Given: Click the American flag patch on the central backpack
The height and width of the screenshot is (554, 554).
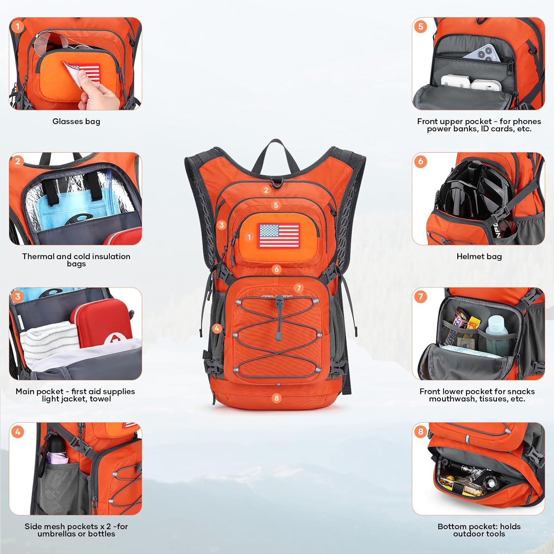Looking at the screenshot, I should pyautogui.click(x=279, y=235).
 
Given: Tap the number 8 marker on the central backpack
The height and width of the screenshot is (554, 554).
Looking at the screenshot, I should pyautogui.click(x=276, y=398).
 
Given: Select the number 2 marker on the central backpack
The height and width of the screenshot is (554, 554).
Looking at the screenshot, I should pyautogui.click(x=266, y=190).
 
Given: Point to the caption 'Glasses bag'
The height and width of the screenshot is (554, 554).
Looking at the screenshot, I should pyautogui.click(x=76, y=122).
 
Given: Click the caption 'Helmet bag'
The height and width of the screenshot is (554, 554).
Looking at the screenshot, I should pyautogui.click(x=479, y=256).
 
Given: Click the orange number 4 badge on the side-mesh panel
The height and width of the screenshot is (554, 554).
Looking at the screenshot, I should pyautogui.click(x=18, y=431).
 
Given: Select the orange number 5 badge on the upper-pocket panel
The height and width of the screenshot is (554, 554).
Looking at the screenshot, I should pyautogui.click(x=421, y=26).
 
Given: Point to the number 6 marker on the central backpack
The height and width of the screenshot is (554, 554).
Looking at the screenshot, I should pyautogui.click(x=276, y=269).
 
